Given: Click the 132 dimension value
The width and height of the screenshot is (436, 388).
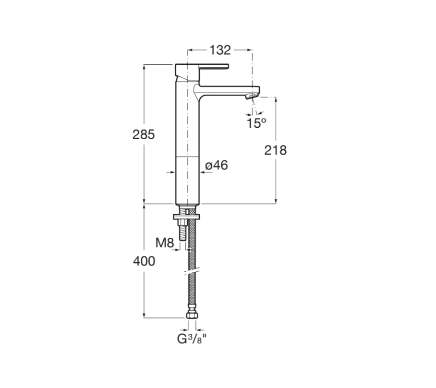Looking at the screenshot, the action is (220, 50).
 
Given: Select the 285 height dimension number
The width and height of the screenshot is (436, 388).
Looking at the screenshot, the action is (144, 134).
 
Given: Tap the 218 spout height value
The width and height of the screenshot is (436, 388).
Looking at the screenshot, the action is (275, 150).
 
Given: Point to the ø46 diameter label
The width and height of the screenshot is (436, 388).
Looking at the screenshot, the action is (217, 165).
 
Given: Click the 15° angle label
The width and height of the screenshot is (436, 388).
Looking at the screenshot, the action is (256, 123).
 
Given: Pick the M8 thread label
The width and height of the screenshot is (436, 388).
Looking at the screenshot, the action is (165, 243).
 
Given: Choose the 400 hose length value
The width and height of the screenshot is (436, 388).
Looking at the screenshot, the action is (144, 261).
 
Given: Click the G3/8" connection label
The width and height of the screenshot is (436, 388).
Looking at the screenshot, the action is (192, 339).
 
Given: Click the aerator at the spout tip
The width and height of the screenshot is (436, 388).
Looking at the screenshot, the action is (251, 97).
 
